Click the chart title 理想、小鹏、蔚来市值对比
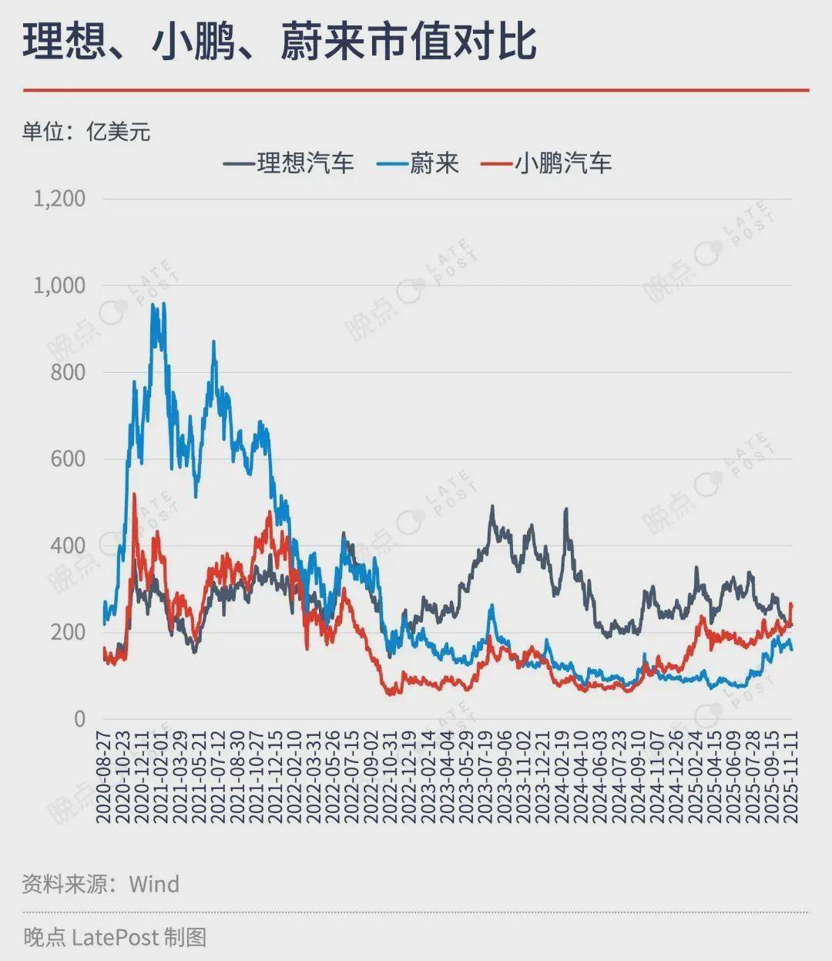(279, 41)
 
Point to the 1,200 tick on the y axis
(59, 199)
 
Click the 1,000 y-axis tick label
(59, 286)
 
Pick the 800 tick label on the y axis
(68, 372)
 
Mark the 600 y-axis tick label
(68, 459)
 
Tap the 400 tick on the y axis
(68, 546)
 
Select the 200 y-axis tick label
(68, 633)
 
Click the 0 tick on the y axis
(79, 719)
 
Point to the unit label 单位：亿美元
(86, 132)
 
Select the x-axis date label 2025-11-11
(791, 778)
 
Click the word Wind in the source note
(154, 883)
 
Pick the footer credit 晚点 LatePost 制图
(115, 937)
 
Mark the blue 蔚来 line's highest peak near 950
(153, 305)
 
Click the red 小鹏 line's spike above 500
(134, 495)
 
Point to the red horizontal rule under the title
(416, 90)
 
